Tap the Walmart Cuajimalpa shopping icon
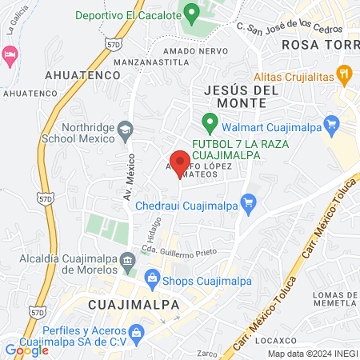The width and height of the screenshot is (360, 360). [334, 125]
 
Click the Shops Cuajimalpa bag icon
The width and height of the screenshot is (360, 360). [152, 280]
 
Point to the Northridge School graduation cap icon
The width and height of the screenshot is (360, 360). [126, 129]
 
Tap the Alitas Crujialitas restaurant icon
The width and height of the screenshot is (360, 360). [345, 76]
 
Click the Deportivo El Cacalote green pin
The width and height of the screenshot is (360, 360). [190, 14]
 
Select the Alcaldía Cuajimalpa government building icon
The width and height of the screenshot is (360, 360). [127, 261]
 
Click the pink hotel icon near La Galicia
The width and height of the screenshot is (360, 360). [10, 55]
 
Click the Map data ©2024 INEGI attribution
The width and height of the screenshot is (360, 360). [312, 354]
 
